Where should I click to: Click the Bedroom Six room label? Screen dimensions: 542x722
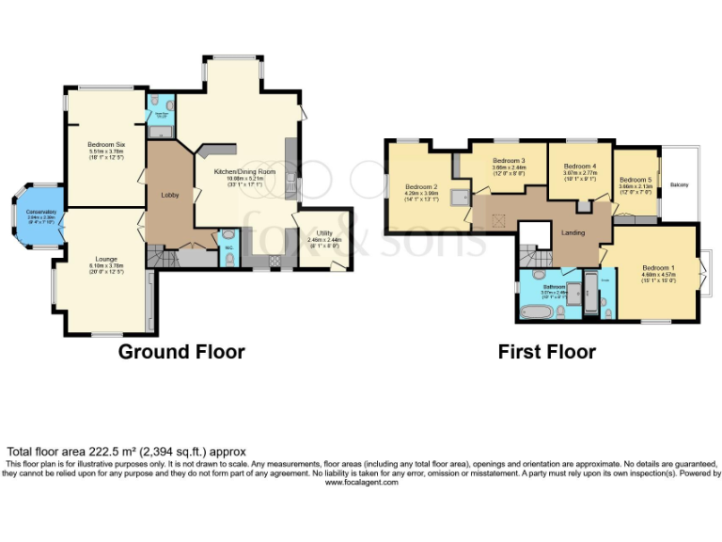coord(106,144)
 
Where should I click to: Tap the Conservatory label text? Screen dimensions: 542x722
coord(40,213)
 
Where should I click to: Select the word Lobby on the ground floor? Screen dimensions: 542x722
coord(170,196)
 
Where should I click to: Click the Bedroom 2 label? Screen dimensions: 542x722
coord(421,186)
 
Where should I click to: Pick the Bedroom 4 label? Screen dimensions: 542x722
coord(580,167)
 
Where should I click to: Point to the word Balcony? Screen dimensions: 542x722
coord(680,184)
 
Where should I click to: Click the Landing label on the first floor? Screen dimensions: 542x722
coord(573,232)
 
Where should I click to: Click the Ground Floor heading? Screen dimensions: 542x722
coord(181,352)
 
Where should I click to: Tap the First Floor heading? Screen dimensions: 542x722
coord(546,352)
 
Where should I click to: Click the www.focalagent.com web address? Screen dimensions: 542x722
coord(361,482)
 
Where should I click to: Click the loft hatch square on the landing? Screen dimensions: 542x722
coord(495,221)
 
